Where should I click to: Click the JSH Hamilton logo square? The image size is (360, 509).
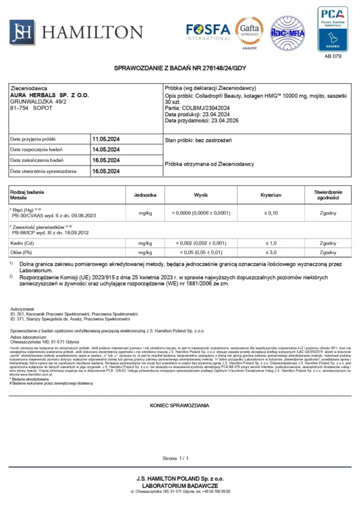point(22,32)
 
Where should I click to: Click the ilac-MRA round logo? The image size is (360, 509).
point(288,32)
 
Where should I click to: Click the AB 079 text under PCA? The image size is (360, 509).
point(332,56)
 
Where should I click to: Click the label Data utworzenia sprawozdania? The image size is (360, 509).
point(44,171)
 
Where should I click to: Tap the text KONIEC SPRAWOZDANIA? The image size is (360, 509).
point(179,406)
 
